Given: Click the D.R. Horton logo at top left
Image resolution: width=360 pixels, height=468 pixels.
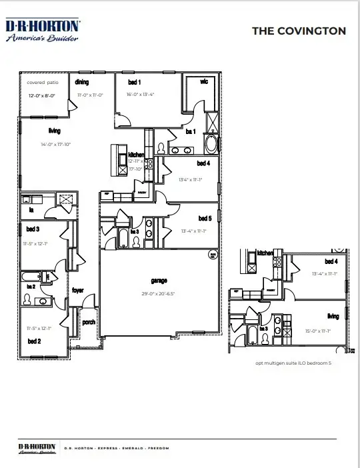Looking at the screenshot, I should (43, 30).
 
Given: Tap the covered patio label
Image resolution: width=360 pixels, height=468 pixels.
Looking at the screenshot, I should (43, 83).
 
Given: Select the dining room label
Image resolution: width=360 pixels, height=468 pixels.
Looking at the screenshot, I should (81, 82).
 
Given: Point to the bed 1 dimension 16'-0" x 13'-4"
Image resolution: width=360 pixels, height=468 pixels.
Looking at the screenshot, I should (141, 95).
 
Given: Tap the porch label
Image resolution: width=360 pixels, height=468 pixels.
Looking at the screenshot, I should (88, 322).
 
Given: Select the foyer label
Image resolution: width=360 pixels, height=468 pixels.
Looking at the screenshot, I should (78, 291).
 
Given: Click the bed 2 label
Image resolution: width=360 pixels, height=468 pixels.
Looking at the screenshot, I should (35, 341).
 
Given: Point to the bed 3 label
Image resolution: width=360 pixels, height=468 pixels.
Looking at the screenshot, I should (32, 229).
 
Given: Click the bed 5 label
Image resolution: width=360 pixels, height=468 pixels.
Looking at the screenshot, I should (205, 218).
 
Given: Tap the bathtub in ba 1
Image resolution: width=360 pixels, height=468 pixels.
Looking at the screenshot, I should (211, 143).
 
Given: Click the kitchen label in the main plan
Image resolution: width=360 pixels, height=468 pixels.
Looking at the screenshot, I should (136, 155).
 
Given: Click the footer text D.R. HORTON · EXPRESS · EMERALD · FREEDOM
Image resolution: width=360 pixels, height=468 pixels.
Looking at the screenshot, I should (117, 448).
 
